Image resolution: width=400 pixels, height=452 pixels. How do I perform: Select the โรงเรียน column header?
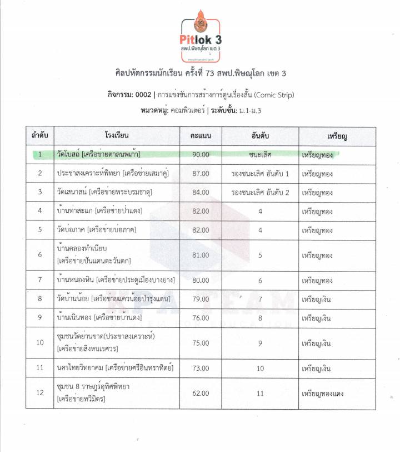pyautogui.click(x=117, y=136)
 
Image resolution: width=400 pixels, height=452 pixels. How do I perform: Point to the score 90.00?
pyautogui.click(x=201, y=154)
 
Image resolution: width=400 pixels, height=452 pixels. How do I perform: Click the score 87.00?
pyautogui.click(x=201, y=174)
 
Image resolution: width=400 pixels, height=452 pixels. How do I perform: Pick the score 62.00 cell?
pyautogui.click(x=201, y=393)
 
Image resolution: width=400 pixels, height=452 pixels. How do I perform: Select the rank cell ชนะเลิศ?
pyautogui.click(x=261, y=154)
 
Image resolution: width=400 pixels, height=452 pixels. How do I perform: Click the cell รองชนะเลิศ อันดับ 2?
pyautogui.click(x=261, y=192)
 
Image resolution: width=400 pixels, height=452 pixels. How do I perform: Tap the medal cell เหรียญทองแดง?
pyautogui.click(x=322, y=393)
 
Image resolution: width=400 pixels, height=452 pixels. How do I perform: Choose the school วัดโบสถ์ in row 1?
pyautogui.click(x=68, y=154)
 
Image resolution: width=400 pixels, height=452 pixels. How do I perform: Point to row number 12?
pyautogui.click(x=40, y=393)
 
